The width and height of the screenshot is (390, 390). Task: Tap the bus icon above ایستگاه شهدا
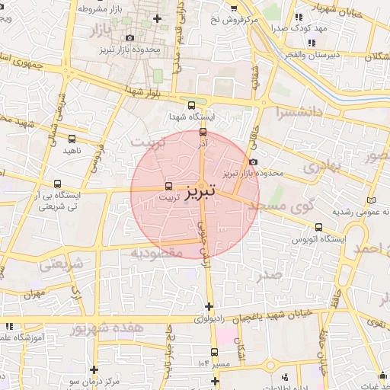pos(190,106)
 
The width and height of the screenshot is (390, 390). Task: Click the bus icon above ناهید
pos(72,139)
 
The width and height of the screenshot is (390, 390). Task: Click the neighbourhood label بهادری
pos(318,165)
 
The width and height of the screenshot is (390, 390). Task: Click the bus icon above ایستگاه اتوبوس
pos(318,226)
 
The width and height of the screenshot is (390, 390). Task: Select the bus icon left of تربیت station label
pos(168,186)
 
